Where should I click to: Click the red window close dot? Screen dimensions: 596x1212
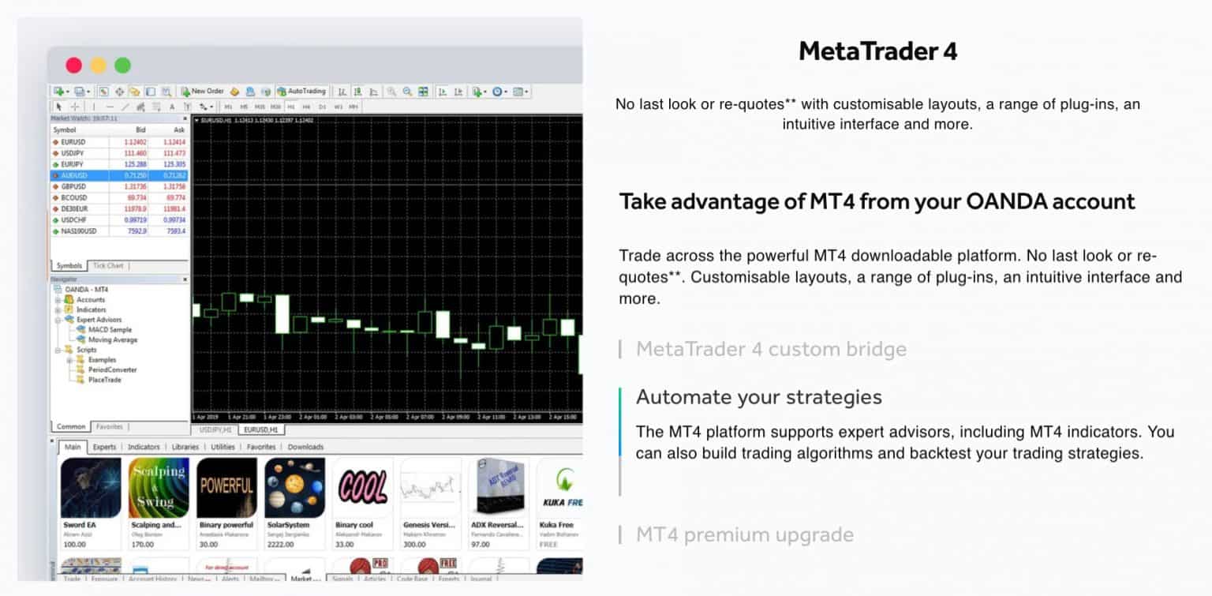[x=73, y=66]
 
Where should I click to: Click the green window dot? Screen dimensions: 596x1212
[x=122, y=66]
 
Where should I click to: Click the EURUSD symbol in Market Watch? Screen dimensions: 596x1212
[x=73, y=142]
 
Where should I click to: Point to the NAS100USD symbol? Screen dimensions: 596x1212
[x=78, y=231]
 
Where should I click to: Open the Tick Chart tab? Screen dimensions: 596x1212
[x=108, y=266]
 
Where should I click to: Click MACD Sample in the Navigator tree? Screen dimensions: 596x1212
[x=110, y=330]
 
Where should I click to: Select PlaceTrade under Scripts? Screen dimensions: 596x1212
[x=105, y=380]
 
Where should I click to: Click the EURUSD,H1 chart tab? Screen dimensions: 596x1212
[x=261, y=430]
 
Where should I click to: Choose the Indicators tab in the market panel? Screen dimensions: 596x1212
[x=144, y=447]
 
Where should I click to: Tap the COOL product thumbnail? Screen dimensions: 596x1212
[x=362, y=487]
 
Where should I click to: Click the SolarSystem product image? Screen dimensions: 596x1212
[x=294, y=487]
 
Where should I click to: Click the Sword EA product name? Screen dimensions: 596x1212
[x=80, y=525]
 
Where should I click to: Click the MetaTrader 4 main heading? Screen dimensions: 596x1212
[x=877, y=51]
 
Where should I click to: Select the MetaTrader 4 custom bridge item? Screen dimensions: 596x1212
[x=771, y=349]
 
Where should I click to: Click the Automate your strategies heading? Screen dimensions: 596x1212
[x=758, y=396]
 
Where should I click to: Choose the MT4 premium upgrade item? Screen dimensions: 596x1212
[x=744, y=534]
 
